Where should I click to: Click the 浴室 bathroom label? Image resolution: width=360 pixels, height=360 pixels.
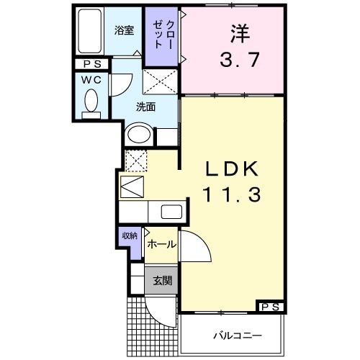pos(125,30)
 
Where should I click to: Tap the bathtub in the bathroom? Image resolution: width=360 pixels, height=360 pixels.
pos(91,32)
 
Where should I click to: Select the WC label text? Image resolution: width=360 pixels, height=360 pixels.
pos(90,79)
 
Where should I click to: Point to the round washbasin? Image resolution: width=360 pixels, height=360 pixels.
pos(138,135)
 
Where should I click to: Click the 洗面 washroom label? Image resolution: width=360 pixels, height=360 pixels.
pos(146,107)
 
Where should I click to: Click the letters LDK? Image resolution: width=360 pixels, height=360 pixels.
pos(233,168)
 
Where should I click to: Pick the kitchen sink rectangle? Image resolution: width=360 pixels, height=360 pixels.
pos(171,212)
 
